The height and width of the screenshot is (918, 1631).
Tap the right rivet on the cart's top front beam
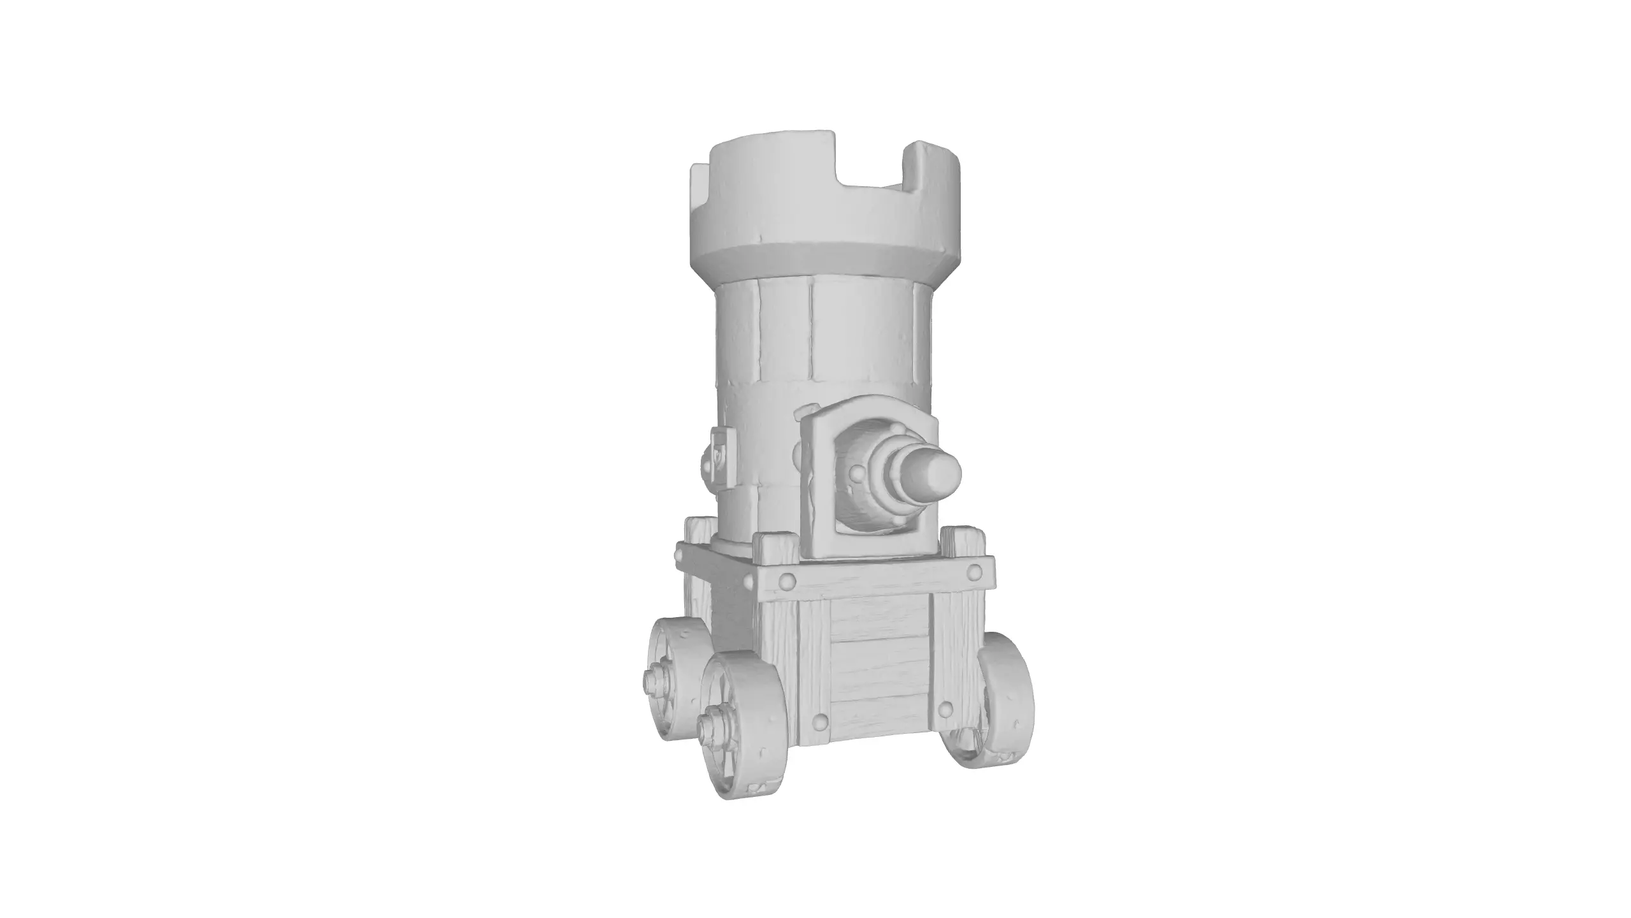click(974, 572)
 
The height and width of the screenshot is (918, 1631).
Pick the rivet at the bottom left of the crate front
click(819, 722)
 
